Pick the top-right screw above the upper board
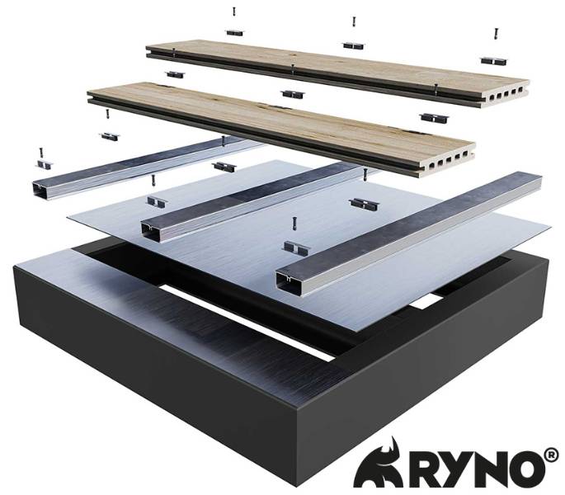coord(496,34)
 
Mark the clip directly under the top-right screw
coord(492,60)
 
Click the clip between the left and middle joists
coord(154,201)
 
